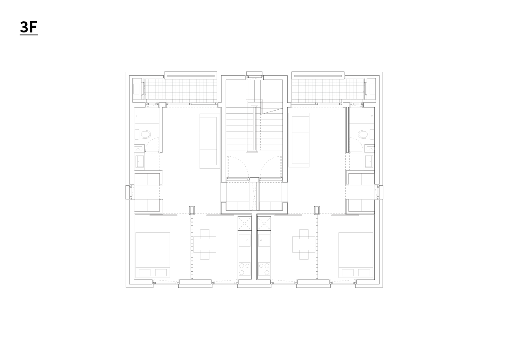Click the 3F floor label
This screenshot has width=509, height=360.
coord(29,27)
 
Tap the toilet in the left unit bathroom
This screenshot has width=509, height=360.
coord(144,134)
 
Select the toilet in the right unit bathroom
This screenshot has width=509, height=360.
coord(365,134)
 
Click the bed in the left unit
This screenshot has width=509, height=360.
coord(153,255)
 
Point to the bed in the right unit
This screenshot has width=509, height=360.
coord(356,255)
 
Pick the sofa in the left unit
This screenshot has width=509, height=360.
coord(208,141)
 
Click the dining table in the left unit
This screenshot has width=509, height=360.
coord(205,244)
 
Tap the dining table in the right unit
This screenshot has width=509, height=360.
coord(304,244)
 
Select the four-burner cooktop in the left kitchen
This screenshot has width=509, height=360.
coord(245,269)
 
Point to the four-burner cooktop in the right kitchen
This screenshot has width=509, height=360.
coord(264,269)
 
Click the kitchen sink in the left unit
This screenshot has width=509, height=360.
coord(245,240)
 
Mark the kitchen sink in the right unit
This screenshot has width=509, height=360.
coord(264,240)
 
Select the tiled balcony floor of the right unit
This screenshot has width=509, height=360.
coord(328,90)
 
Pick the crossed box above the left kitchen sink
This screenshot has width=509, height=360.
coord(245,223)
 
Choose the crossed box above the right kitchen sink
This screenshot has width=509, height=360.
coord(264,223)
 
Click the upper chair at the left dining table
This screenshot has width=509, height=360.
coord(205,234)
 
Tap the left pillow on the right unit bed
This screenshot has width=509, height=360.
coord(347,272)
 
